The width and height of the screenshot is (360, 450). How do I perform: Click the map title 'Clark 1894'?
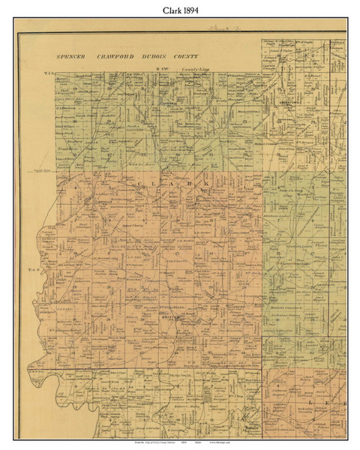point(179,12)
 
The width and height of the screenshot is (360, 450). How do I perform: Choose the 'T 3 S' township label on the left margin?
point(50,73)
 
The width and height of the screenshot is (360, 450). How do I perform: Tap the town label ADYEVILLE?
point(103,201)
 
